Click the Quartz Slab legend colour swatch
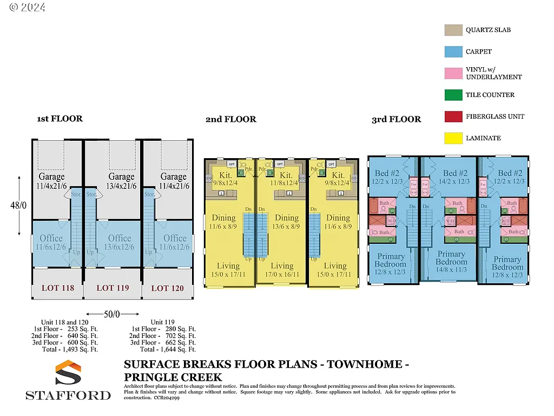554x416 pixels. pos(452,30)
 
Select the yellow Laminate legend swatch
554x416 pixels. pos(452,138)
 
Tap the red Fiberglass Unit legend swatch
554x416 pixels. pos(452,116)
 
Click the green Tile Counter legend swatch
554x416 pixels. pos(452,95)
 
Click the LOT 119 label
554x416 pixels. pos(113,288)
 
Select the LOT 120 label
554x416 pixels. pos(167,288)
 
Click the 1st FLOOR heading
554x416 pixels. pos(60,119)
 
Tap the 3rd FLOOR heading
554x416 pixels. pos(396,119)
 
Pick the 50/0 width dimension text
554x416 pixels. pos(113,314)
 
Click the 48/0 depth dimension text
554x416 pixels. pos(19,205)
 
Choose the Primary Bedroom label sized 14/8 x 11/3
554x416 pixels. pos(452,258)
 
